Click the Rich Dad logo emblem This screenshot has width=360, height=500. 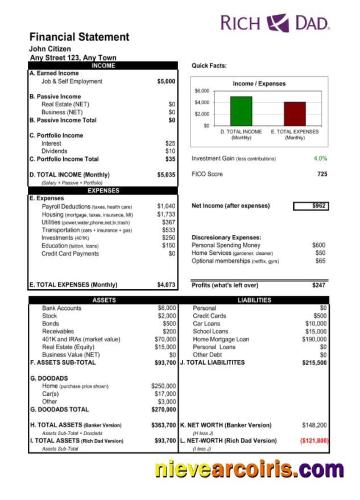[x=279, y=22]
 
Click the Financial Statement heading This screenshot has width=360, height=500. [x=79, y=37]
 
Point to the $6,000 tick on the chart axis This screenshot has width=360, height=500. [x=202, y=91]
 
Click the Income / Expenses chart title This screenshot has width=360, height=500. [x=259, y=84]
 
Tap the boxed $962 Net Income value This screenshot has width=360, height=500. [x=311, y=206]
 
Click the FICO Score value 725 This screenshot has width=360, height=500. [x=322, y=174]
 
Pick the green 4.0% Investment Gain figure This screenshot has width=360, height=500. [x=320, y=158]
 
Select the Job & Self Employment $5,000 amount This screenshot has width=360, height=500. [x=166, y=81]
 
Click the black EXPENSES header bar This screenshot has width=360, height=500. [x=103, y=191]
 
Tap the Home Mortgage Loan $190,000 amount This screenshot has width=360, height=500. [x=314, y=340]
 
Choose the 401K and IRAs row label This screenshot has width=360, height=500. [x=81, y=340]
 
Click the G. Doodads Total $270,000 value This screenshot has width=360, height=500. [x=163, y=409]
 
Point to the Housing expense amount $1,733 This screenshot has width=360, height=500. [x=166, y=214]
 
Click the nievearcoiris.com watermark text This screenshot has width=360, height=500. [x=249, y=470]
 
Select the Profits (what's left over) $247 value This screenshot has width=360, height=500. [x=318, y=285]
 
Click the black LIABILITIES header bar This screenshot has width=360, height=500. [x=254, y=300]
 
